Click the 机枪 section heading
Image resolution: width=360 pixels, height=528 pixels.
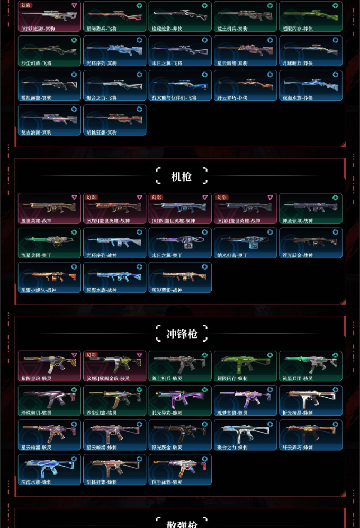point(181,176)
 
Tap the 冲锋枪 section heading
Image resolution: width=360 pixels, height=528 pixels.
point(181,334)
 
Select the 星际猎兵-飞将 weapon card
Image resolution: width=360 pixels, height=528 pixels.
point(114,16)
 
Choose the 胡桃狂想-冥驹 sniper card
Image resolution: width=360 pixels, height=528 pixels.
point(114,120)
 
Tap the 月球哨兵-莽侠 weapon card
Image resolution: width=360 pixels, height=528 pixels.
point(310,51)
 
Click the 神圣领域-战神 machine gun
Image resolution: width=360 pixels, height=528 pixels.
point(310,208)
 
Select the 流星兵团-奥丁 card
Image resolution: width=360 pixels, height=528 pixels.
point(49,243)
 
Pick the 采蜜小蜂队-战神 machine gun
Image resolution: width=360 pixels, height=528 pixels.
point(49,277)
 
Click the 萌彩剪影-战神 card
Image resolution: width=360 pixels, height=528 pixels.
point(179,277)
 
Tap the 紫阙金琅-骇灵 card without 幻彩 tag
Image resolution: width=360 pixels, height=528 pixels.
point(49,365)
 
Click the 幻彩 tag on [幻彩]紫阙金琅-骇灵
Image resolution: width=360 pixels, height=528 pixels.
point(91,355)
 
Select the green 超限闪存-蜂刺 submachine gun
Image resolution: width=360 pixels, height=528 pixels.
point(245,365)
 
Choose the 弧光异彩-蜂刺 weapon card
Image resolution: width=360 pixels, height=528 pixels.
point(179,400)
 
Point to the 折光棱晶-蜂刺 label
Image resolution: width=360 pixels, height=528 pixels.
point(298,413)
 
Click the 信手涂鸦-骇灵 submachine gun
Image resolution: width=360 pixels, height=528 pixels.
point(179,469)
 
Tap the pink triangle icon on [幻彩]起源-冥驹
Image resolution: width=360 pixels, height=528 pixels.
point(74,5)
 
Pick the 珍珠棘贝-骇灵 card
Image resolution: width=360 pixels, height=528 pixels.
point(49,400)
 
